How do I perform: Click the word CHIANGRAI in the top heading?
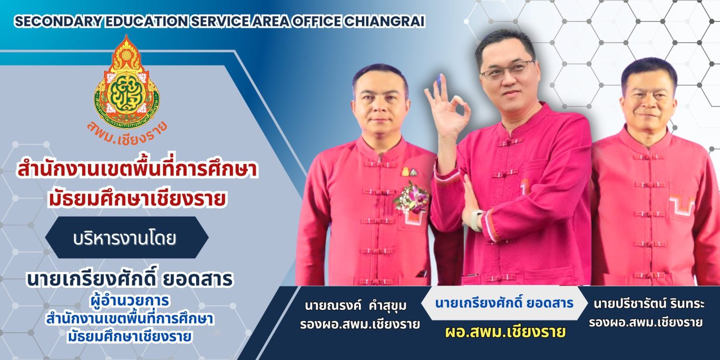pos(384,21)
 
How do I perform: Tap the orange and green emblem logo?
pos(127,80)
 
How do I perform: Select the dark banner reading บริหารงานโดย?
pos(127,238)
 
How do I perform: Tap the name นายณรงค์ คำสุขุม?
pos(356,306)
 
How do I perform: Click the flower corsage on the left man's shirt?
pos(411,197)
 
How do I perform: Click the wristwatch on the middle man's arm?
pos(476,220)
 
